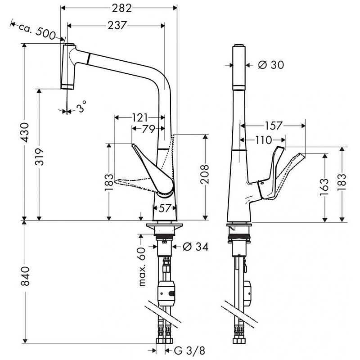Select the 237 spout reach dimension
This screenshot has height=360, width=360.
coord(117,26)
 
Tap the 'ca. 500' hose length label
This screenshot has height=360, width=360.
coord(36,31)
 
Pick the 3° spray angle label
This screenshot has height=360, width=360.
coord(81,108)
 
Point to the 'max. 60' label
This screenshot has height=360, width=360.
coord(142,267)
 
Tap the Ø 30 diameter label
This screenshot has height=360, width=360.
coord(271,65)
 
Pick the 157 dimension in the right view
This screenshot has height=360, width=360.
coord(273,126)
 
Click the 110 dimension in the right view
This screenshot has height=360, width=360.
coord(263,140)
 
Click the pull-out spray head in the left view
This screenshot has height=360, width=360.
coord(67,67)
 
